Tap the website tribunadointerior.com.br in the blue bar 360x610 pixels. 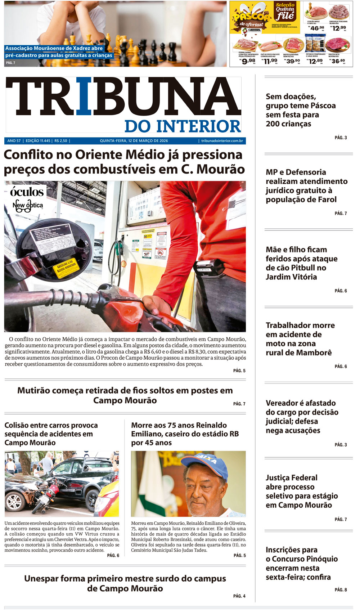222,141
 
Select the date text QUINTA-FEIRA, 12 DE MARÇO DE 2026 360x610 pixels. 134,141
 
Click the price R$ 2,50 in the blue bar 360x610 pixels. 61,141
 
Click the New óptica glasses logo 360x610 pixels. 27,206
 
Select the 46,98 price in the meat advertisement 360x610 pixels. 317,28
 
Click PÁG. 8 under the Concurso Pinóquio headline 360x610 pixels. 341,590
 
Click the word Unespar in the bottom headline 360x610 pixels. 41,579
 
